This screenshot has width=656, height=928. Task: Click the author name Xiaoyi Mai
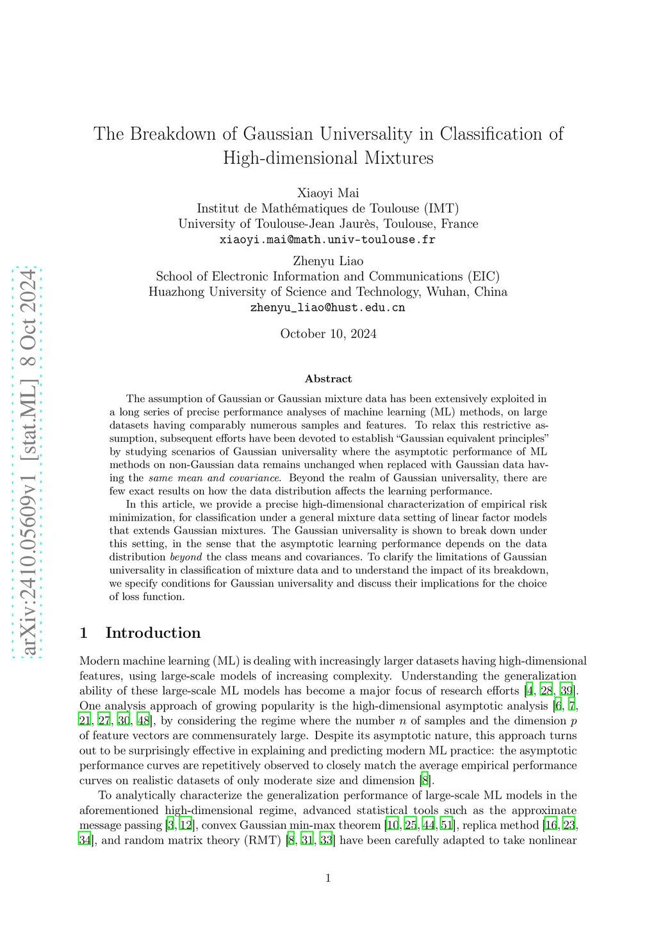(328, 193)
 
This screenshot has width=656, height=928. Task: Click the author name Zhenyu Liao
(328, 261)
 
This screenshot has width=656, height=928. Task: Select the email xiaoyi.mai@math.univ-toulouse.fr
(327, 240)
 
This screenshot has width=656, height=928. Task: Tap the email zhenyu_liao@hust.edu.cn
(327, 307)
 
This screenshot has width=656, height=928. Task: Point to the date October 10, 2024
(328, 334)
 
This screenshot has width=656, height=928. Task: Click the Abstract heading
(328, 379)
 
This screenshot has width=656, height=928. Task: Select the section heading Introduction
(152, 633)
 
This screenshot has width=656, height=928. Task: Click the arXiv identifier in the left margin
(28, 462)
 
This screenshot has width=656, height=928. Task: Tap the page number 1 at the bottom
(328, 878)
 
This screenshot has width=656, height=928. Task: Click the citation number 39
(566, 690)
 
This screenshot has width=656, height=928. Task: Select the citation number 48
(143, 720)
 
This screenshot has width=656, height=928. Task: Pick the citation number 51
(447, 825)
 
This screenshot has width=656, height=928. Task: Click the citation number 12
(186, 825)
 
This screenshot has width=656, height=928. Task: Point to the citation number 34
(85, 840)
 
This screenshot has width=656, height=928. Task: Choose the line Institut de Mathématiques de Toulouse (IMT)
(328, 208)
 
